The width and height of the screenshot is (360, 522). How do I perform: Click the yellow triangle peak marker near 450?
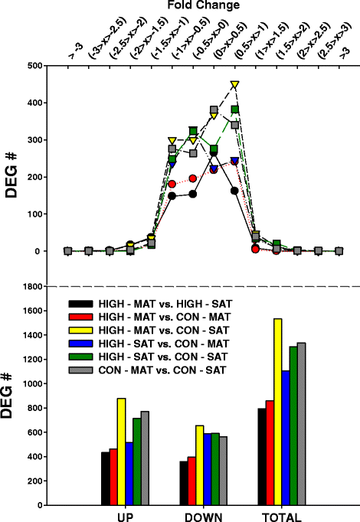pyautogui.click(x=235, y=84)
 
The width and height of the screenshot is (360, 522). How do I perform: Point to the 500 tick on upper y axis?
pyautogui.click(x=34, y=66)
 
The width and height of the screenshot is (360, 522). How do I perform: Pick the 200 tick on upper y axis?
pyautogui.click(x=34, y=177)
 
